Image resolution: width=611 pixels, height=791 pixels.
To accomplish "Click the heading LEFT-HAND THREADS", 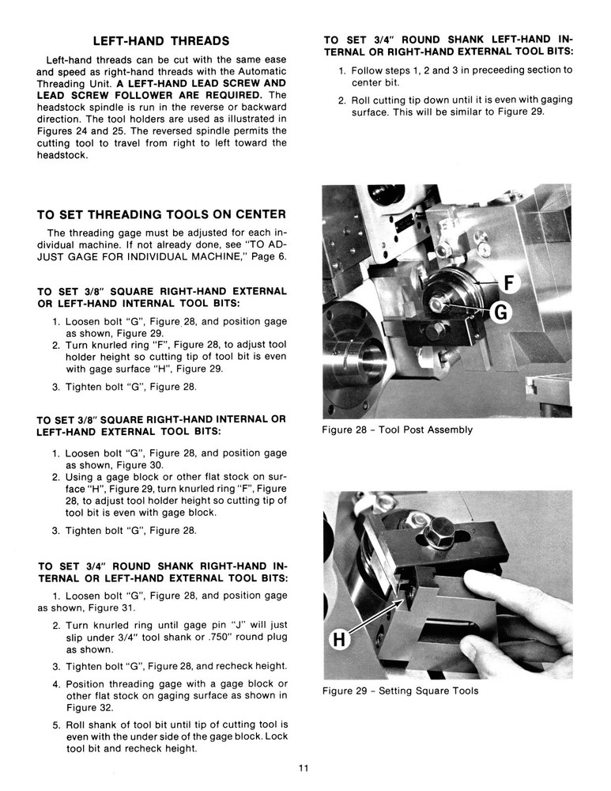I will [161, 40].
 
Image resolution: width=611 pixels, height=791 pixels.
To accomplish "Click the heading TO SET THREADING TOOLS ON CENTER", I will [161, 214].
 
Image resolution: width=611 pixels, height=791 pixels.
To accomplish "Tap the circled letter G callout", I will [499, 314].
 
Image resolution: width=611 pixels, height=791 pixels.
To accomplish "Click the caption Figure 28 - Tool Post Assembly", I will [397, 430].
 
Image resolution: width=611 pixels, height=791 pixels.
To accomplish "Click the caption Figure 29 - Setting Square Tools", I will [400, 691].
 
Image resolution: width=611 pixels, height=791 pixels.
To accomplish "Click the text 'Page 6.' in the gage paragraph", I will [267, 257].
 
